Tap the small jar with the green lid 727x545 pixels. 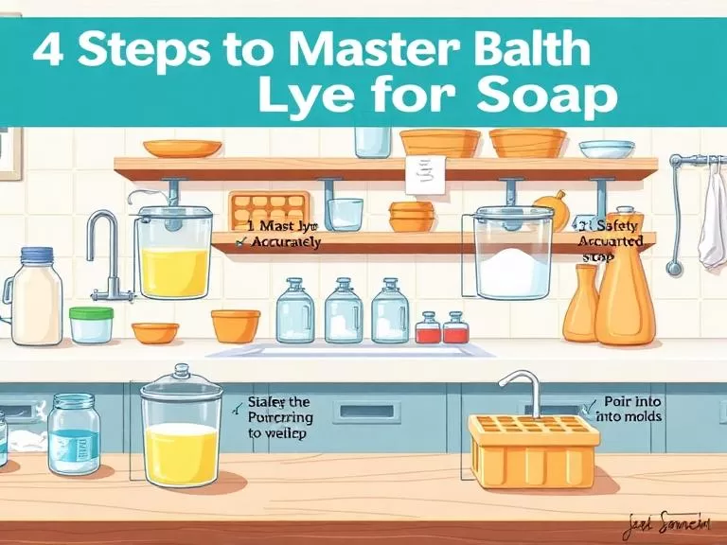point(91,325)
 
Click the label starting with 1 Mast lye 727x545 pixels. point(281,235)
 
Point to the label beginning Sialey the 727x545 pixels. point(280,415)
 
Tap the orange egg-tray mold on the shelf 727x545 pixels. point(270,208)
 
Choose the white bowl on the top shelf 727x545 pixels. point(606,149)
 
